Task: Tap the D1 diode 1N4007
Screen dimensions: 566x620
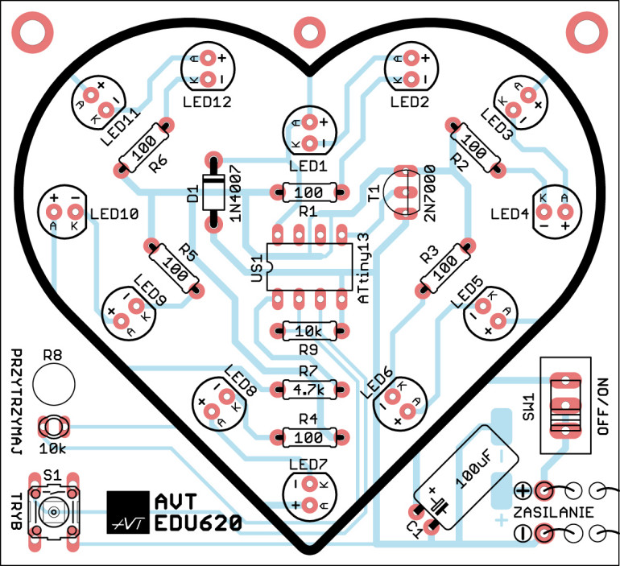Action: (x=213, y=192)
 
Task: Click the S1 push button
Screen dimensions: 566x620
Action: (x=53, y=510)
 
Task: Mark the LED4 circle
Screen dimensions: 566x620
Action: (x=554, y=211)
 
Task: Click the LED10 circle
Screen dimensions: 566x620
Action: (x=64, y=211)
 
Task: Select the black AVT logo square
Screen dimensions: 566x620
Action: (x=127, y=511)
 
